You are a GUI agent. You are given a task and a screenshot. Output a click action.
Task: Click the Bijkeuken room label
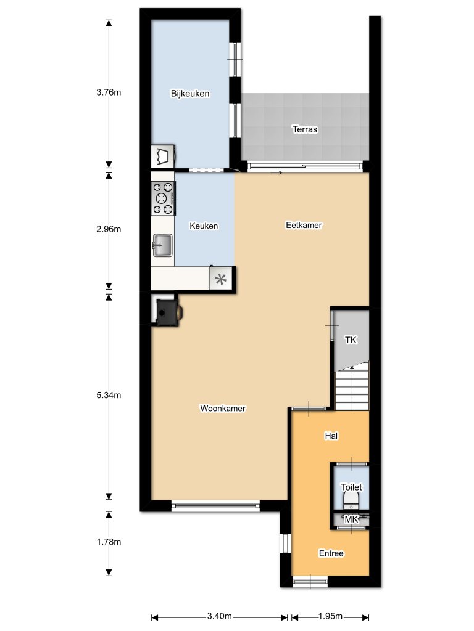pyautogui.click(x=190, y=94)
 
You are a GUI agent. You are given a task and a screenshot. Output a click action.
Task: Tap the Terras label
pyautogui.click(x=305, y=129)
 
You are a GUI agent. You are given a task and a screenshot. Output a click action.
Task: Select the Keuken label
pyautogui.click(x=204, y=226)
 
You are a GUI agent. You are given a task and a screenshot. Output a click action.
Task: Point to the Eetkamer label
pyautogui.click(x=304, y=226)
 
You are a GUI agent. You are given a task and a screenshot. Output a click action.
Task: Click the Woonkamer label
pyautogui.click(x=223, y=409)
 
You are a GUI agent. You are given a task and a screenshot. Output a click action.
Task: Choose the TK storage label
pyautogui.click(x=351, y=340)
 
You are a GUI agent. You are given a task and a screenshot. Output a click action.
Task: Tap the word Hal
pyautogui.click(x=331, y=436)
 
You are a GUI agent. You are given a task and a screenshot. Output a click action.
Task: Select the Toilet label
pyautogui.click(x=351, y=487)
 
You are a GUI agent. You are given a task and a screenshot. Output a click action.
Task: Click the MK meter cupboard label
pyautogui.click(x=351, y=520)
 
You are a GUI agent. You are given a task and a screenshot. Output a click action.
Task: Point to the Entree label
pyautogui.click(x=331, y=553)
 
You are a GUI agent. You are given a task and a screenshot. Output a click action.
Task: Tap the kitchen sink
pyautogui.click(x=162, y=245)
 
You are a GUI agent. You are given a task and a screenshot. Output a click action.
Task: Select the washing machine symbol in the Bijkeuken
pyautogui.click(x=163, y=156)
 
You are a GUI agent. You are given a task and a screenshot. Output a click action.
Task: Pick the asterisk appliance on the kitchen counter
pyautogui.click(x=221, y=279)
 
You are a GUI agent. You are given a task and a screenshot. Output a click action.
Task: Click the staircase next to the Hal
pyautogui.click(x=352, y=388)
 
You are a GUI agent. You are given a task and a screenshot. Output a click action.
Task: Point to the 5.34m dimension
pyautogui.click(x=109, y=396)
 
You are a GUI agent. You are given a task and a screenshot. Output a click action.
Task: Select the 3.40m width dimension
pyautogui.click(x=219, y=616)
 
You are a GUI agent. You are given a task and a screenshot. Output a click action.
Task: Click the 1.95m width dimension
pyautogui.click(x=330, y=616)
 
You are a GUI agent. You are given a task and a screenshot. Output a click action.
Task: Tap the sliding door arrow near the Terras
pyautogui.click(x=276, y=173)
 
